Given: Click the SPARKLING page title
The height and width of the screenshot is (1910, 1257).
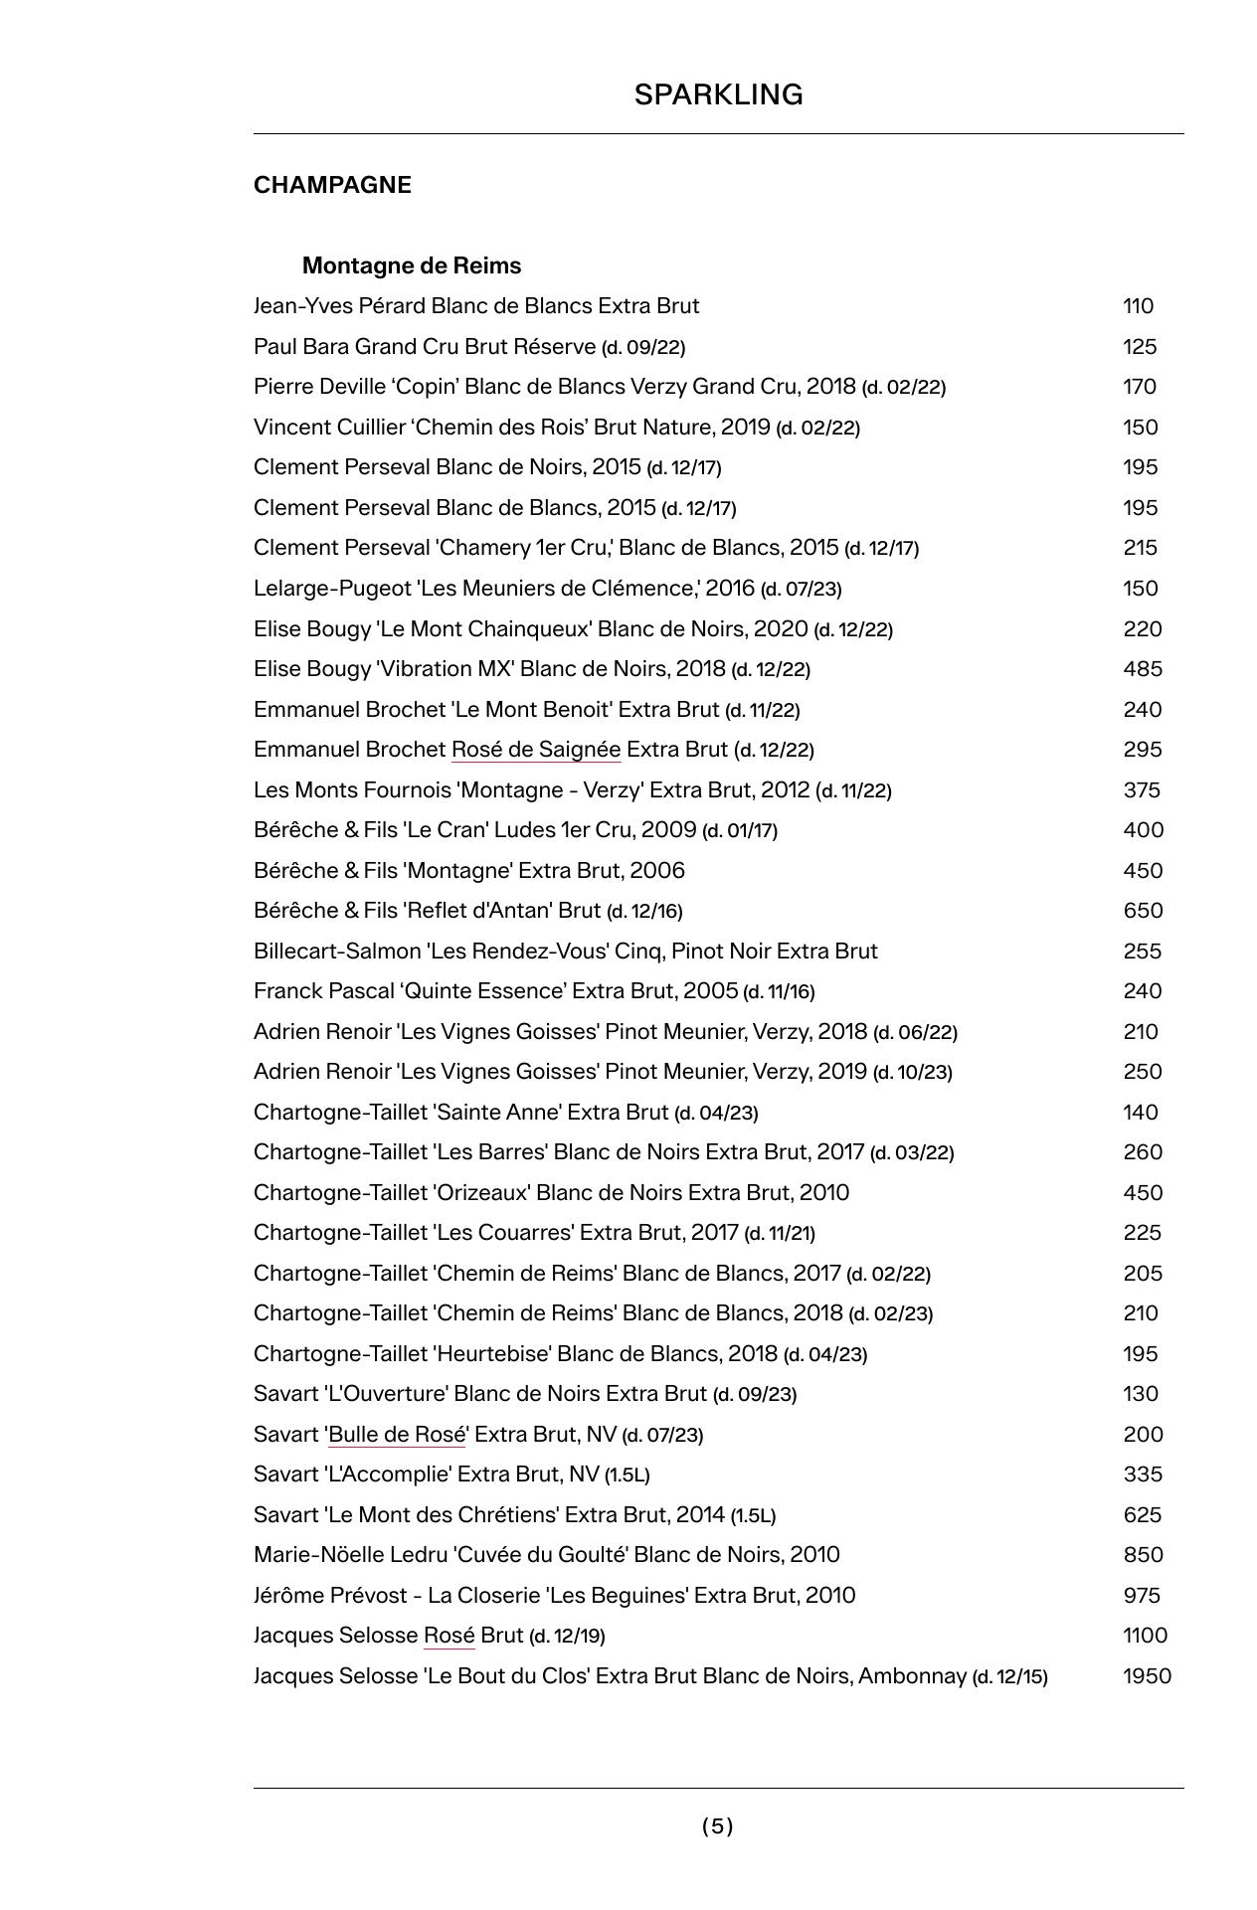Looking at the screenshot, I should (718, 94).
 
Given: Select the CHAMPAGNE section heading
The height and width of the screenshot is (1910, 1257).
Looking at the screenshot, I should (332, 185).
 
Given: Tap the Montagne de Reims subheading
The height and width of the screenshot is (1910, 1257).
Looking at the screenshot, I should (412, 265).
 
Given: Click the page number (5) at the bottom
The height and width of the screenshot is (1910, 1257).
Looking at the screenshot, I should (717, 1825).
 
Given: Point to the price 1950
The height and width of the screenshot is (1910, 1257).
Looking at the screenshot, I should (1147, 1675).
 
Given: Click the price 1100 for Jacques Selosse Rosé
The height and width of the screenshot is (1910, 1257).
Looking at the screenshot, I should (1145, 1635).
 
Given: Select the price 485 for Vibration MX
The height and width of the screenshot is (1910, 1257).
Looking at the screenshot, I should (1143, 668).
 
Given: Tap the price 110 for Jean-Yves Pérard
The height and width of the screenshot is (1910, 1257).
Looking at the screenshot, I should (1138, 305).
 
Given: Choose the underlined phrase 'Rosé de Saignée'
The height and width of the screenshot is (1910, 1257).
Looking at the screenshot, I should (536, 749).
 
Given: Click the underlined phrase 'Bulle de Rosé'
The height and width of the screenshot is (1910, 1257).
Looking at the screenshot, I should (397, 1434).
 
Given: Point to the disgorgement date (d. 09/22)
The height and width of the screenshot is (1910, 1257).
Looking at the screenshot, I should (643, 347).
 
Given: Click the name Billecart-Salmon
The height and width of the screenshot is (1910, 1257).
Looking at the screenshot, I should (337, 951).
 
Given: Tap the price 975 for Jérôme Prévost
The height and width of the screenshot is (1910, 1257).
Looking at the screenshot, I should (1142, 1595).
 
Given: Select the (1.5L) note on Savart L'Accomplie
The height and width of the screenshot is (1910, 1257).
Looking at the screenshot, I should (627, 1475).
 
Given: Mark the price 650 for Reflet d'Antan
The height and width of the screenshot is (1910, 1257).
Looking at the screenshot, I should (1143, 910).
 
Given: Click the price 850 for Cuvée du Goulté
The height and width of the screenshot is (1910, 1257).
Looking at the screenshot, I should (1143, 1554).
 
